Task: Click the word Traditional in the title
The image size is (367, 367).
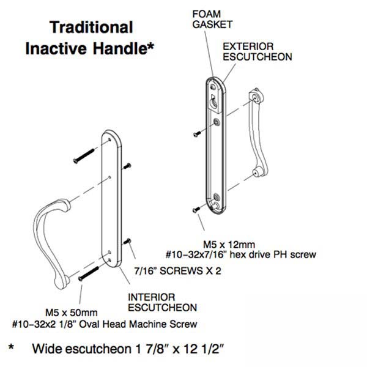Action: (x=91, y=28)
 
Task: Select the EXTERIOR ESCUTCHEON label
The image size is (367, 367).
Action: (x=256, y=51)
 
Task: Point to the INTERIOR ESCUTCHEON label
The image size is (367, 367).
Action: (x=161, y=302)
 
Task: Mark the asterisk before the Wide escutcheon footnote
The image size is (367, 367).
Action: (x=11, y=350)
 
